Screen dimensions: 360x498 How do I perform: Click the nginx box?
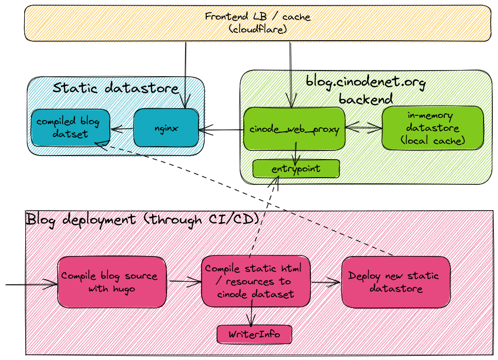(166, 128)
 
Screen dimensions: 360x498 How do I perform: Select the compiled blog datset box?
(70, 127)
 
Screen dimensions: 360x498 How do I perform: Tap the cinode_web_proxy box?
(294, 129)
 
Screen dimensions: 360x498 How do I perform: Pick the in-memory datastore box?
(433, 127)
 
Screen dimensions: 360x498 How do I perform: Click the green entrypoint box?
(296, 168)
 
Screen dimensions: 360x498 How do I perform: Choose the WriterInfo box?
(254, 334)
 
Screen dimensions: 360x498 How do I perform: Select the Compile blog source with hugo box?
(112, 282)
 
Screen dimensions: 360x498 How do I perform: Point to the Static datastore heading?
(115, 88)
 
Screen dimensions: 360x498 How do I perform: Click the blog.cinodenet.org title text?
(366, 82)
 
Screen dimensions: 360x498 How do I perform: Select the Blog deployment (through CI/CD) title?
(142, 219)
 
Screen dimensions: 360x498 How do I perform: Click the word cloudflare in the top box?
(257, 29)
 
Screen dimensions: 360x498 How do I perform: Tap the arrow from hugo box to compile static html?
(185, 281)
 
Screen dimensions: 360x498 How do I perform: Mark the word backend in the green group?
(366, 98)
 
